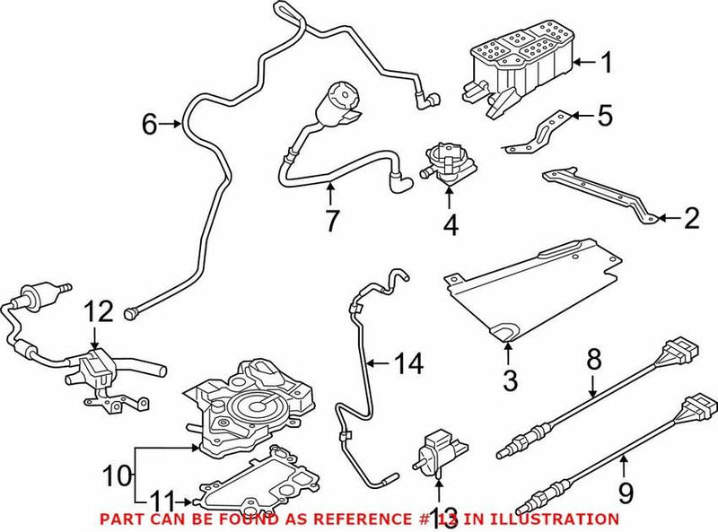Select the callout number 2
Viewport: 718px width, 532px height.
pyautogui.click(x=691, y=216)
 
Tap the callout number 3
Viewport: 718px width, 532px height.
pyautogui.click(x=510, y=380)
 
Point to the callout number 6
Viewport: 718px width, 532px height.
pyautogui.click(x=150, y=124)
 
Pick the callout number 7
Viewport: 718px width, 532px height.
pyautogui.click(x=331, y=221)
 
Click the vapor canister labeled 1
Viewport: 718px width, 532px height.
pyautogui.click(x=516, y=67)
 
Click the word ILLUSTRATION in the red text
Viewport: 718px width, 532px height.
pyautogui.click(x=557, y=519)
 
